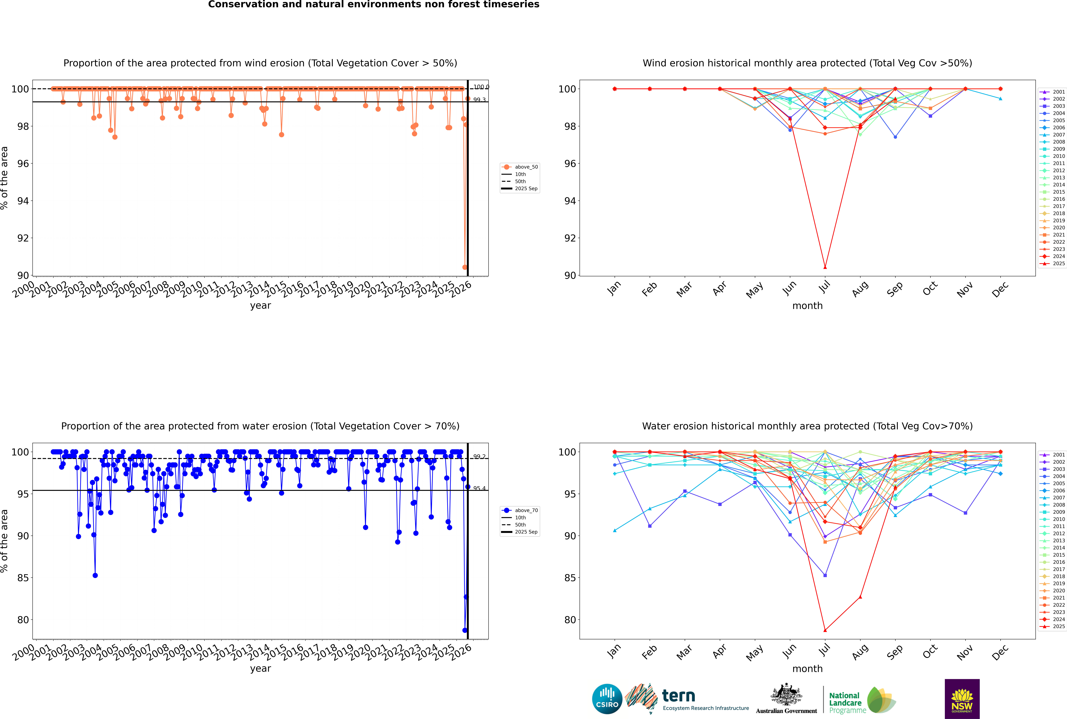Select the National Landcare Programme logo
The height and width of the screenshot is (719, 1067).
(862, 701)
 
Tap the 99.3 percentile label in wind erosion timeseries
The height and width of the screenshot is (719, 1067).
(479, 100)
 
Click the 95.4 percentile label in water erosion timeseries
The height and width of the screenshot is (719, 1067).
(479, 488)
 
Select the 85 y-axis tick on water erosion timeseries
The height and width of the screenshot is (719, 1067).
(22, 578)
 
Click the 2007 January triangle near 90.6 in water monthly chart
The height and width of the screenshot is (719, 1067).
(615, 531)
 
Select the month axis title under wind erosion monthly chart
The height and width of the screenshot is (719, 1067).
(807, 306)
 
